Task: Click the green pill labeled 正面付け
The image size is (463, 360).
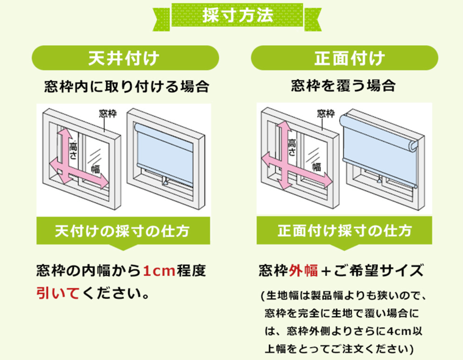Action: pyautogui.click(x=345, y=59)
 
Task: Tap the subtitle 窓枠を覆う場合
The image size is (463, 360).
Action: pyautogui.click(x=345, y=86)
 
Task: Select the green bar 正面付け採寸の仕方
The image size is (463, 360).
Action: pyautogui.click(x=345, y=231)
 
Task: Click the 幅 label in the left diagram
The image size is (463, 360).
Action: pyautogui.click(x=95, y=168)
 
